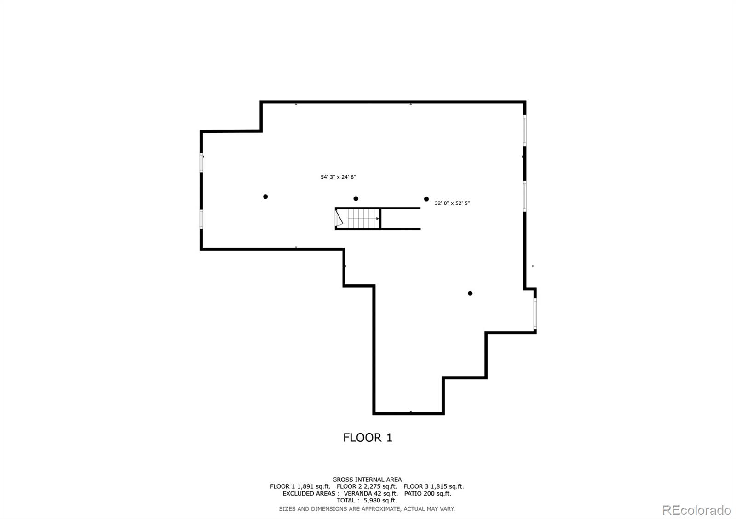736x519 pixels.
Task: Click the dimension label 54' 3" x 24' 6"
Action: click(x=338, y=177)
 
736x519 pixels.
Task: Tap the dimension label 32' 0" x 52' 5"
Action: click(x=452, y=203)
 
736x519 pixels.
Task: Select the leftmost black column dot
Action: click(x=265, y=197)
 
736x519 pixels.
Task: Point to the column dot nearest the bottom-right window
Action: click(x=470, y=293)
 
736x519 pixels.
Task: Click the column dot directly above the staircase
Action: click(x=356, y=198)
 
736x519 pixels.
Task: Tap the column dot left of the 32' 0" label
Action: click(x=426, y=199)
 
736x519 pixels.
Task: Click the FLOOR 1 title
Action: click(x=368, y=438)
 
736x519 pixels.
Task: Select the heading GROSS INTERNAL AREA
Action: click(x=367, y=480)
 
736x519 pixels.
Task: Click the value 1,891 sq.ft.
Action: click(x=314, y=486)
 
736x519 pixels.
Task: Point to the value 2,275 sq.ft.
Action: click(x=380, y=486)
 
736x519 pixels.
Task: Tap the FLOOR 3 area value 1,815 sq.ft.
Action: click(x=447, y=486)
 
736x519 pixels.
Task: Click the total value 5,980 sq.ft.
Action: click(x=380, y=500)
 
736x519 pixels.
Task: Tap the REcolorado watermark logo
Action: click(x=696, y=510)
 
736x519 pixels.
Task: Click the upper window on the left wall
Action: click(x=201, y=163)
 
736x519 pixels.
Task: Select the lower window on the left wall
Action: click(x=201, y=219)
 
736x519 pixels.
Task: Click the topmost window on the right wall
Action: click(x=525, y=130)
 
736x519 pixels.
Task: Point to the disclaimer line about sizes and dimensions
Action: click(x=367, y=509)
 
